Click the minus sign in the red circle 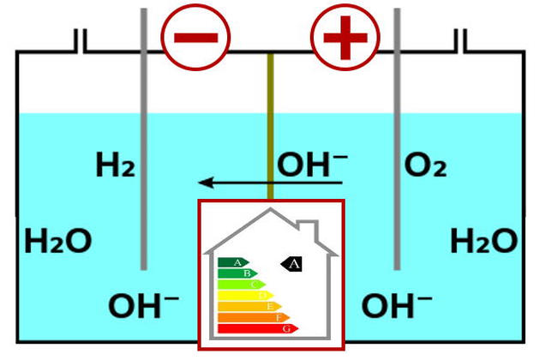[195, 38]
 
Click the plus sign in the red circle [345, 38]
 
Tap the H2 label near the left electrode [116, 165]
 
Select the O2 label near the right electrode [425, 165]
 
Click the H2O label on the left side [57, 241]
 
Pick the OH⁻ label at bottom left [143, 305]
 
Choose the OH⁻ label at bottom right [395, 305]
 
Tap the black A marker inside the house [292, 264]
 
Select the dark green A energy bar [232, 262]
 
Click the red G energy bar [258, 328]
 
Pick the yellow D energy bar [244, 295]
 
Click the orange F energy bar [253, 317]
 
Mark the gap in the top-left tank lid [80, 41]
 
